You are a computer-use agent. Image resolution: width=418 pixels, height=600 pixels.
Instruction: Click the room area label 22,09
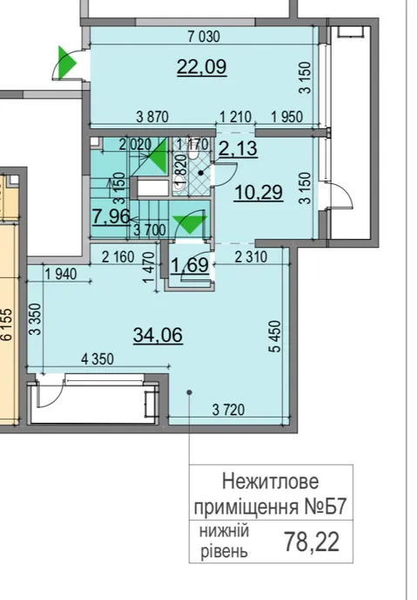click(202, 67)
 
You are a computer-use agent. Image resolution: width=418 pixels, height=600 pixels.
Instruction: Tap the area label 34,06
click(158, 335)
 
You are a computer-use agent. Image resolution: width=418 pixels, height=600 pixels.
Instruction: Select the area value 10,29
click(259, 192)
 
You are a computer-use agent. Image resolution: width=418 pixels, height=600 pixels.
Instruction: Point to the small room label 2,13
click(238, 148)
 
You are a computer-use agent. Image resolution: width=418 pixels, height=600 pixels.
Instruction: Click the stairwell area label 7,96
click(111, 216)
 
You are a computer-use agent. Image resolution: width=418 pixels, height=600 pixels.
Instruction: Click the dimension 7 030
click(204, 37)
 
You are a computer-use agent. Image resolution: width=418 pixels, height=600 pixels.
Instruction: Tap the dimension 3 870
click(152, 117)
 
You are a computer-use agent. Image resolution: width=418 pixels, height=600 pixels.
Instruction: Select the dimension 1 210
click(235, 117)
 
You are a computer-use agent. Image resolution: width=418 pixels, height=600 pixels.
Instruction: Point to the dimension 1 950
click(287, 117)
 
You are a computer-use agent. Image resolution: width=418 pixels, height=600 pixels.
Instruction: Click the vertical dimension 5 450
click(275, 337)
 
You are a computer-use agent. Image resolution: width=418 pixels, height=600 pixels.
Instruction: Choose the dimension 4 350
click(98, 359)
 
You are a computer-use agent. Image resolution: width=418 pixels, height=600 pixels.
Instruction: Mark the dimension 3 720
click(228, 410)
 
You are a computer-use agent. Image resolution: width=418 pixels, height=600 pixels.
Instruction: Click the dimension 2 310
click(251, 256)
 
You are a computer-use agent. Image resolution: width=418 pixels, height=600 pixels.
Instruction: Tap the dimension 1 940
click(60, 274)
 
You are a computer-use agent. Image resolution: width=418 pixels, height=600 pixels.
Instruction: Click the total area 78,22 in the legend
click(312, 542)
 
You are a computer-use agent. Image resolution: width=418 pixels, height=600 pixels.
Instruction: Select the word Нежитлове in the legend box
click(270, 481)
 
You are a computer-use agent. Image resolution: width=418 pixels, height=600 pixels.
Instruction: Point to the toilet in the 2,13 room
click(193, 153)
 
